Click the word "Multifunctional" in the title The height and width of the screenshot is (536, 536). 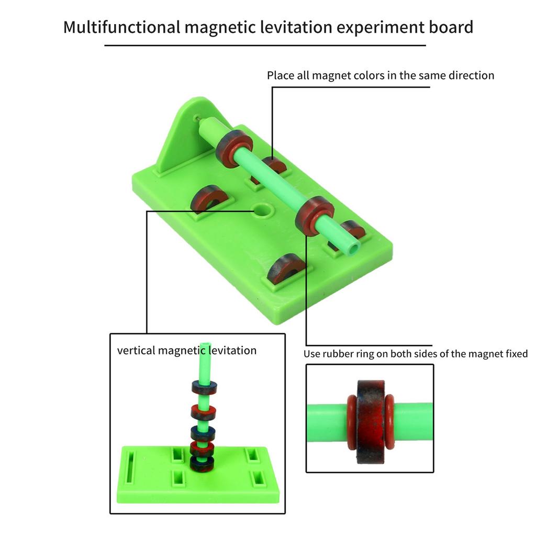(x=121, y=27)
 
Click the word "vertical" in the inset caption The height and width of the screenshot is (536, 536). (x=136, y=350)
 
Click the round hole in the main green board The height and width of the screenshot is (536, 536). (x=263, y=211)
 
